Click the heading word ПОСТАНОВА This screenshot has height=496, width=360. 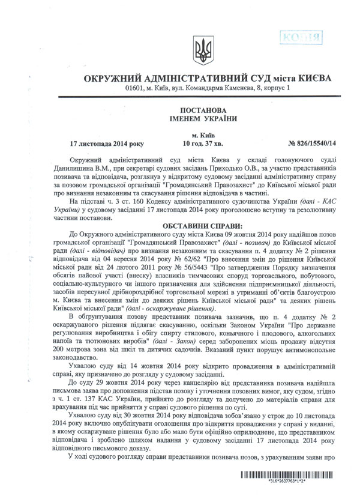(x=199, y=110)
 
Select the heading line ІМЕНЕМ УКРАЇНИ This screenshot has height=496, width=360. (x=199, y=119)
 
